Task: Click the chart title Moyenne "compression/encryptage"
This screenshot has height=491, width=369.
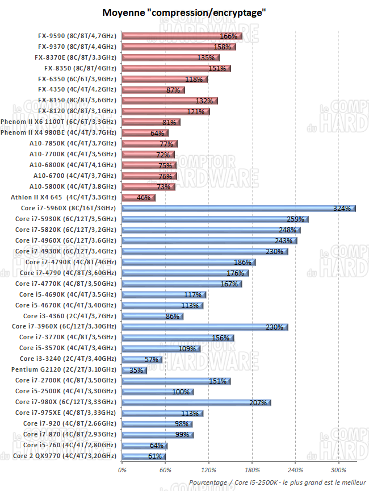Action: pos(184,12)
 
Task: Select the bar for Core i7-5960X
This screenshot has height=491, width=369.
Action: pos(238,209)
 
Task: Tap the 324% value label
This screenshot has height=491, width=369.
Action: pos(342,209)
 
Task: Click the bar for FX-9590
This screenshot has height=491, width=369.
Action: pos(182,36)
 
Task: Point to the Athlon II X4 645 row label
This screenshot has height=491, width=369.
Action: pos(64,198)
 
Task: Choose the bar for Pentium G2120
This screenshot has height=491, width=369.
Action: pos(134,370)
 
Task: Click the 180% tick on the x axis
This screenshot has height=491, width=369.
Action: pos(253,470)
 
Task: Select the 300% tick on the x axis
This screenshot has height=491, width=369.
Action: pos(339,470)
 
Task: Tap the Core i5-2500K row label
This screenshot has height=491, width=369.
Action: pos(66,392)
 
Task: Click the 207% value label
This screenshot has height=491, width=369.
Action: pos(258,402)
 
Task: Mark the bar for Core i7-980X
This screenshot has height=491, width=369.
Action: pos(196,402)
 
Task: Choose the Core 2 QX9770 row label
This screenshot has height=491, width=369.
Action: pos(66,456)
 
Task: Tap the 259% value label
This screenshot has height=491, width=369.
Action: pos(296,219)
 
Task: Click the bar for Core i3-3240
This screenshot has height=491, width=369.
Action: pos(142,359)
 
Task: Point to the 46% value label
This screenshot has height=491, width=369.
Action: pos(144,198)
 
